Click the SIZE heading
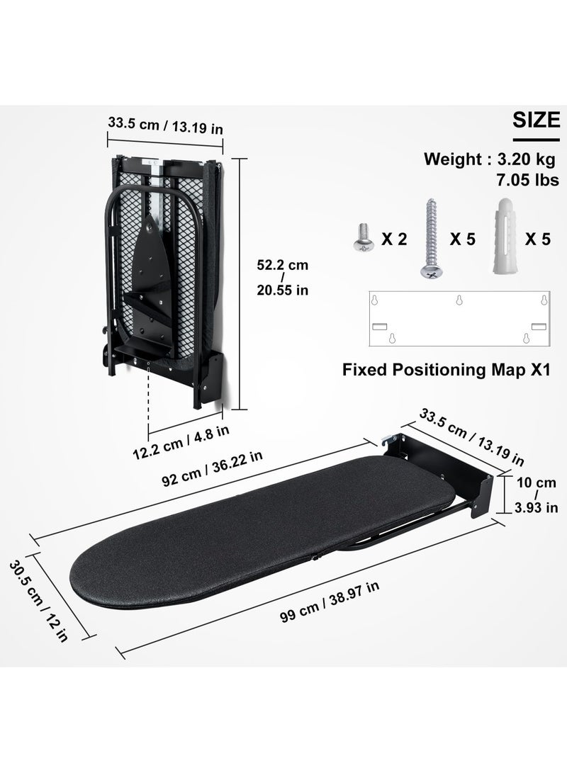536,120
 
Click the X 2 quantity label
394,239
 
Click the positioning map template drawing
460,319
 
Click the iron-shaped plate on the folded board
152,270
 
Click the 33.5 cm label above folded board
166,125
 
